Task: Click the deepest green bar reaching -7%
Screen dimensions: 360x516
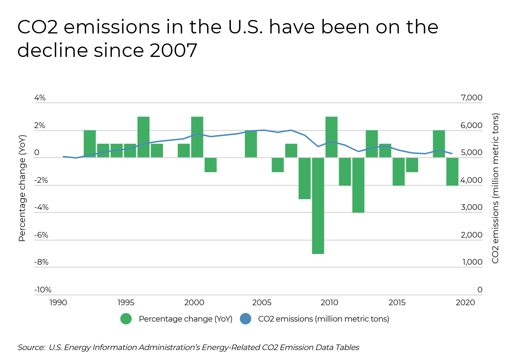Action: coord(318,206)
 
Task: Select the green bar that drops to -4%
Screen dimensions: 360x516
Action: coord(358,185)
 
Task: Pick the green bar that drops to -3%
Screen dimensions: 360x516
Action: coord(305,178)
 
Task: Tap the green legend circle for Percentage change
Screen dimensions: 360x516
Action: coord(126,319)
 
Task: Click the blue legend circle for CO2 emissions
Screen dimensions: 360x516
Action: coord(246,319)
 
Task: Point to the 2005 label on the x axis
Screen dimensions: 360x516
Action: coord(262,303)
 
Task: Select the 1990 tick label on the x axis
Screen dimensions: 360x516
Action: coord(58,303)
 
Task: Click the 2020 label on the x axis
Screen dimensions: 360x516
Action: coord(465,303)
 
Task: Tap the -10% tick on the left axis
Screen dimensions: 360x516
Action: coord(43,290)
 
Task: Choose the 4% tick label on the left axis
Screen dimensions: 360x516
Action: coord(40,98)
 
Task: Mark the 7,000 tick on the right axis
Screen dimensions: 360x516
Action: coord(472,98)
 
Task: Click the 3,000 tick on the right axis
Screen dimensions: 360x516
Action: coord(472,207)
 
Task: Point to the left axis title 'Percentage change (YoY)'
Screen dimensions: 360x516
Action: coord(22,188)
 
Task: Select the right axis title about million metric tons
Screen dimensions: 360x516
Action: coord(495,188)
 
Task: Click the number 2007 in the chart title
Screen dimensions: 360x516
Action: coord(173,50)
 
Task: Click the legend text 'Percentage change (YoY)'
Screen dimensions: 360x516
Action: coord(185,319)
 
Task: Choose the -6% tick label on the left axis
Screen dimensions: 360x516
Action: coord(41,235)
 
